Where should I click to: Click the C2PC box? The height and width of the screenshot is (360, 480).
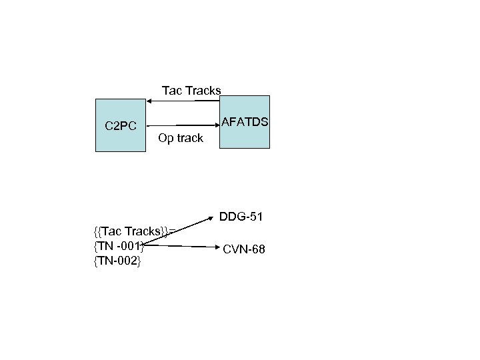coord(120,140)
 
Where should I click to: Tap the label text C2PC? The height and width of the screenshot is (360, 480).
coord(121,126)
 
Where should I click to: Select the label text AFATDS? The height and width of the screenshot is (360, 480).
coord(245,122)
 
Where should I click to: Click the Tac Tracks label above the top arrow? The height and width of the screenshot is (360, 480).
coord(191,91)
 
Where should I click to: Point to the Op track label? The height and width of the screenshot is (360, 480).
coord(181,139)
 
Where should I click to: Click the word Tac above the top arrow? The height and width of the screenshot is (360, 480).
coord(171,91)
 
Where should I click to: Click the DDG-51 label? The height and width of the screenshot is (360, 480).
coord(241,217)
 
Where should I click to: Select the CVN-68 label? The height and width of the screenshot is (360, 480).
coord(244,249)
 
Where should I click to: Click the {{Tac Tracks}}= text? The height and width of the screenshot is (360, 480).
coord(135,231)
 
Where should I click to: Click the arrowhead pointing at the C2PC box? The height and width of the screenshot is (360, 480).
coord(151,101)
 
